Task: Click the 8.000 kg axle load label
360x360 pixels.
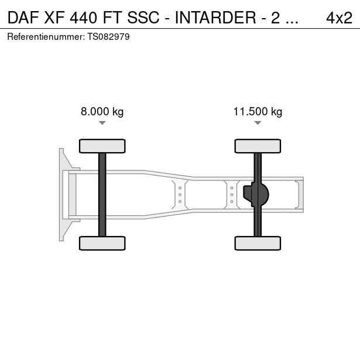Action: [x=102, y=112]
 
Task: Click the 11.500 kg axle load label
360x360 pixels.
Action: [x=258, y=112]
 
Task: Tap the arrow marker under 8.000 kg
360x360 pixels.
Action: [x=102, y=123]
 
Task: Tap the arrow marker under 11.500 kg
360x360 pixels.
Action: [x=258, y=123]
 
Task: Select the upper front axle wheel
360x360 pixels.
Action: [x=102, y=146]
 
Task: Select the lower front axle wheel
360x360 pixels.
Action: [x=102, y=243]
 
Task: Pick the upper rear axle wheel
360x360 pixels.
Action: [x=258, y=146]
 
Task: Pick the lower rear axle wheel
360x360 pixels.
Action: [x=258, y=243]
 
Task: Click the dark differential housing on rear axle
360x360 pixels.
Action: [x=255, y=194]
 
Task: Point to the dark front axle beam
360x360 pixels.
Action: [x=102, y=194]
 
